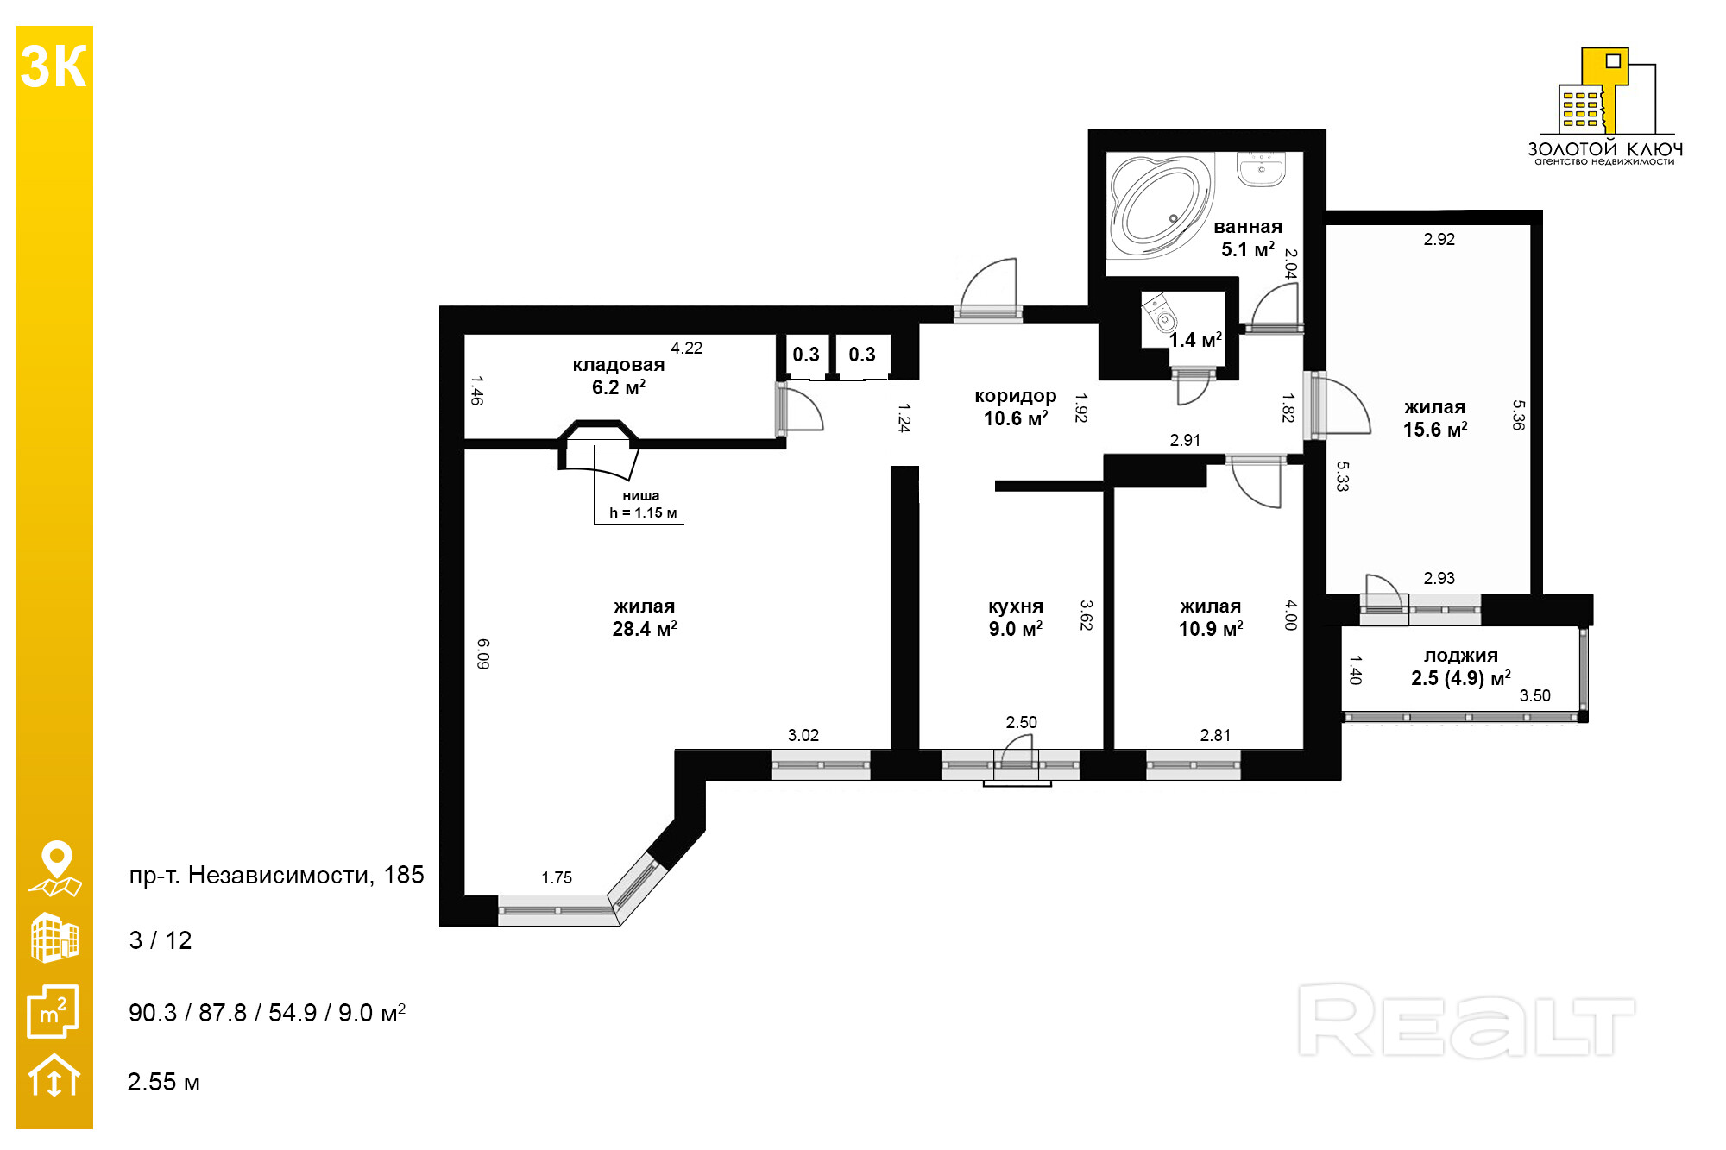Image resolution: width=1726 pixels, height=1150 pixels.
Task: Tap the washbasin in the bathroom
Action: [1261, 169]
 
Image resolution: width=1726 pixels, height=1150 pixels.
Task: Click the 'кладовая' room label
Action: [619, 365]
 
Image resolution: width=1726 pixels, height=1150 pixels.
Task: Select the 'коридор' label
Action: [1016, 396]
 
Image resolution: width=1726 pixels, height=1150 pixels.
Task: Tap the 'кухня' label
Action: [1016, 606]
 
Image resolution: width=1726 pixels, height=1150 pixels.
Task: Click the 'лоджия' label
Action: [1461, 656]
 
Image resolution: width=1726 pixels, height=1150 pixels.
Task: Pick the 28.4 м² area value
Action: [645, 629]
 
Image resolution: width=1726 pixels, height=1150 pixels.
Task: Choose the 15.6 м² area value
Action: [1435, 430]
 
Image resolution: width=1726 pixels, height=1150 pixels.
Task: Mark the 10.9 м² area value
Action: [1211, 629]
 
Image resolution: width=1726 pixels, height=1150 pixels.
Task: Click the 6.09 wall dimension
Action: [483, 654]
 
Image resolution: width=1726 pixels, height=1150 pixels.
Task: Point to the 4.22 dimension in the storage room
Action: [687, 348]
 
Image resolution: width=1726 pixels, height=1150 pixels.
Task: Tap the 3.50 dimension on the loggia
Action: [1535, 695]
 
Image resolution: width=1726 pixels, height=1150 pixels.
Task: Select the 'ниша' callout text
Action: [641, 496]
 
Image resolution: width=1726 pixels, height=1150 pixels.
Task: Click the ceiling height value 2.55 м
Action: [164, 1082]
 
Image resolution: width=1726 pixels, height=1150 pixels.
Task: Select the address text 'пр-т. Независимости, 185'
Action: [277, 875]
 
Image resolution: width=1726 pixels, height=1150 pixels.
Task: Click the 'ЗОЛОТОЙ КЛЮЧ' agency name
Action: [1605, 149]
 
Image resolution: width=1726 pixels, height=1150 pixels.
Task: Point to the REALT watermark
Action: [1466, 1021]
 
